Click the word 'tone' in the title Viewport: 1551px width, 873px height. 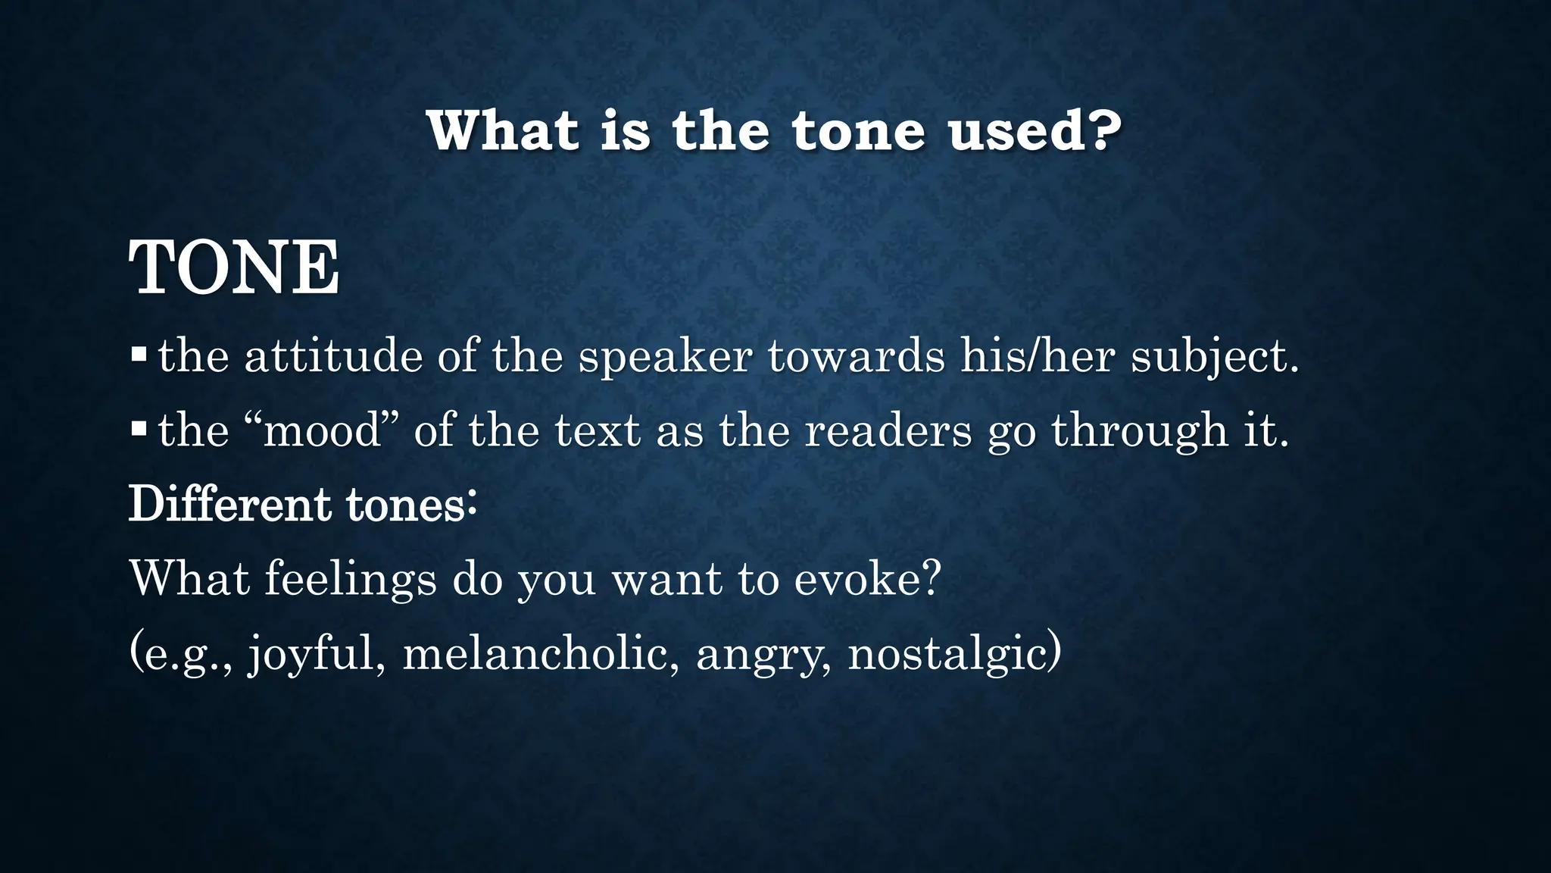coord(857,131)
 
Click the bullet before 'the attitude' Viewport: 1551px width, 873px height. coord(138,354)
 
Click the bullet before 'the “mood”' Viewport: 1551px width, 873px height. coord(138,429)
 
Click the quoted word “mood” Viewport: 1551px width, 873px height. coord(329,430)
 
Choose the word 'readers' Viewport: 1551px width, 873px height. coord(888,430)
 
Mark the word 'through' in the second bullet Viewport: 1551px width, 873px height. coord(1140,430)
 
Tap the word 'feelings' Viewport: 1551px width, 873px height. coord(351,579)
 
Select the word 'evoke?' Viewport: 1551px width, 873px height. coord(867,579)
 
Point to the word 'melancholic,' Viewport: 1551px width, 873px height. coord(541,653)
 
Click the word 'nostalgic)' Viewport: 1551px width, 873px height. coord(954,653)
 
